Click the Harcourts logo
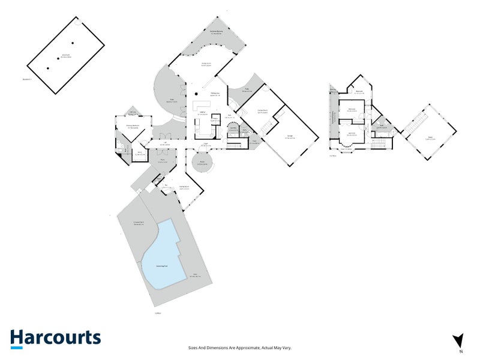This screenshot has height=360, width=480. click(55, 337)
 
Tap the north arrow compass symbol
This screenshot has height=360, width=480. click(459, 340)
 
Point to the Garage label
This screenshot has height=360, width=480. click(290, 137)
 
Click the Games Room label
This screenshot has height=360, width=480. click(263, 111)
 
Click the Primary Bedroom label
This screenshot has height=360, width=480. click(133, 126)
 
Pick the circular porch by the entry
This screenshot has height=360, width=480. click(202, 163)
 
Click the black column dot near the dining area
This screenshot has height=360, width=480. click(196, 94)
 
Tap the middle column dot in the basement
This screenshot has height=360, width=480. click(59, 58)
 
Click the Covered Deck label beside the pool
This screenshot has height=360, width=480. click(137, 223)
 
